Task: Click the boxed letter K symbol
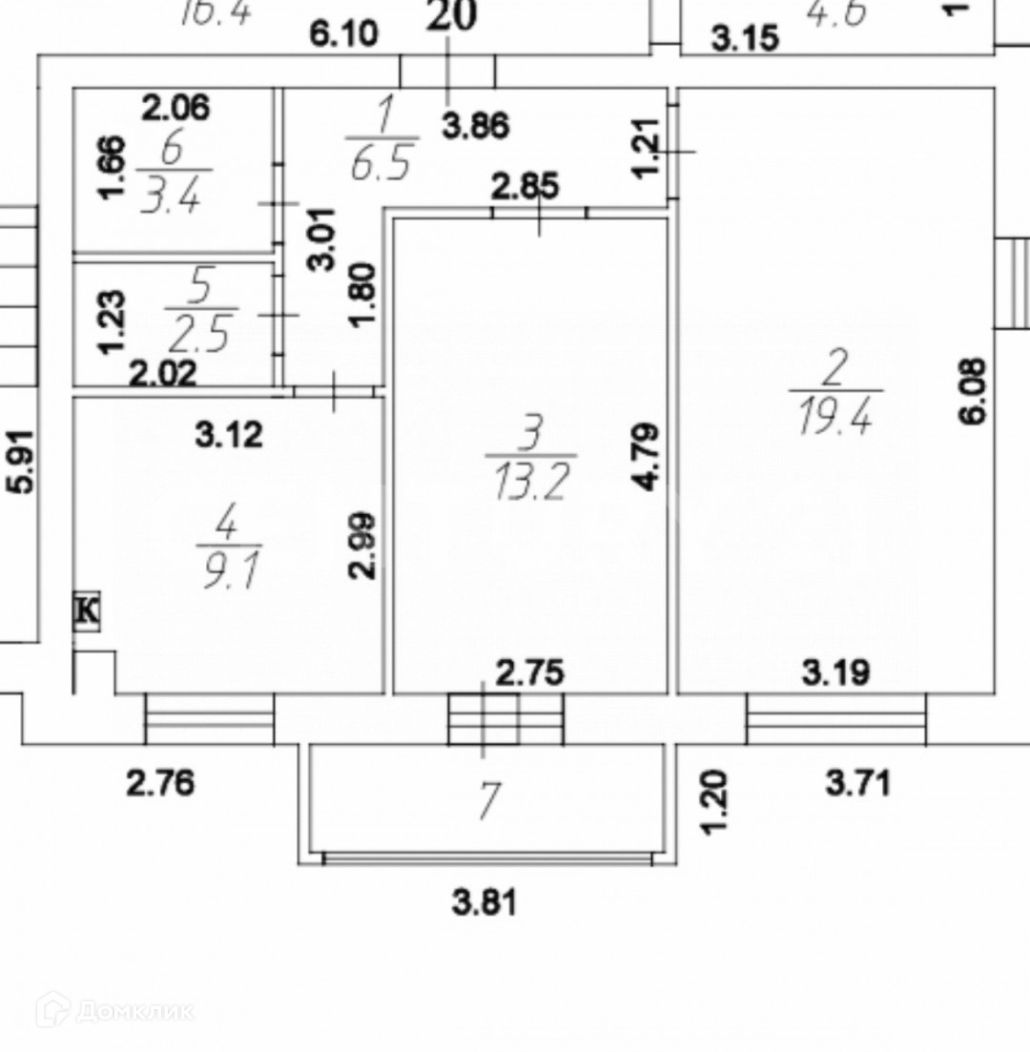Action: (x=87, y=610)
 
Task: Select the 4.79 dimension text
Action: (x=648, y=459)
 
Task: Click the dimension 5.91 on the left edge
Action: (x=22, y=461)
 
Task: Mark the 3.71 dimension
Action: (x=858, y=784)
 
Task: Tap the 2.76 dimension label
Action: (x=160, y=784)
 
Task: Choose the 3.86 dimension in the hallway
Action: (x=474, y=126)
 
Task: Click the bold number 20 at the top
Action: (x=450, y=16)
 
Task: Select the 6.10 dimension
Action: (x=343, y=35)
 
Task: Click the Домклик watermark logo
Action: (x=115, y=1010)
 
